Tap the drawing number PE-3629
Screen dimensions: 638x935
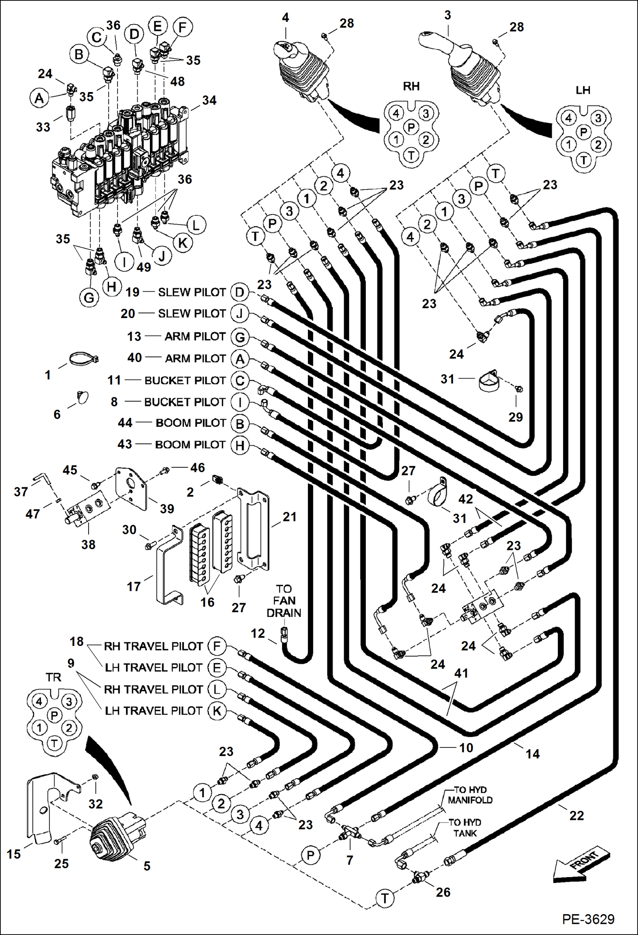(588, 918)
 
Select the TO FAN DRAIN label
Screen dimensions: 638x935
(284, 601)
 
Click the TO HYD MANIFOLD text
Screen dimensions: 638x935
(470, 795)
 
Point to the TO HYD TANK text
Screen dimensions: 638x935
(465, 828)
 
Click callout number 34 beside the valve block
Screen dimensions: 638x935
(209, 100)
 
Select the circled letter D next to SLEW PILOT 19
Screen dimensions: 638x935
(240, 292)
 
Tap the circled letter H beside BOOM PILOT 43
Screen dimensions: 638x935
(240, 445)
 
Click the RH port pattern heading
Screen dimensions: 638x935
(411, 87)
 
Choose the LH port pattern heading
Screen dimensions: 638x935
(583, 90)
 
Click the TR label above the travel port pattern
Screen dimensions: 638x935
(53, 677)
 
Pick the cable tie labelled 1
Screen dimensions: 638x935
(83, 359)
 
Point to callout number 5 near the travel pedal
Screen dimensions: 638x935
(147, 866)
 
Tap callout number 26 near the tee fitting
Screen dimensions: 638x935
(443, 892)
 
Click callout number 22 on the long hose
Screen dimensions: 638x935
(576, 816)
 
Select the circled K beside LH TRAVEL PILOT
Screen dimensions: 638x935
(217, 711)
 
